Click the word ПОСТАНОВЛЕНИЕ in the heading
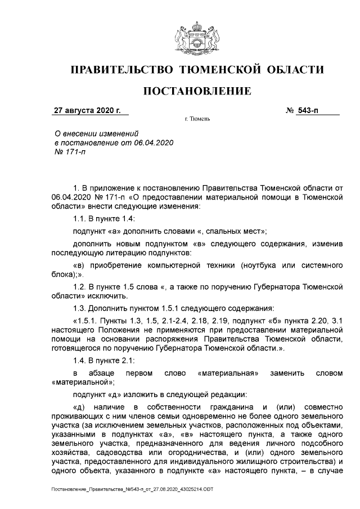pos(197,91)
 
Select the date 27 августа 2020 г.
pos(87,111)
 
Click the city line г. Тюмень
pos(197,120)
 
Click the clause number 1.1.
pos(81,219)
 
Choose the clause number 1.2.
pos(81,287)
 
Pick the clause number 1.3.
pos(81,308)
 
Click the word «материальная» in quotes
pos(228,373)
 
